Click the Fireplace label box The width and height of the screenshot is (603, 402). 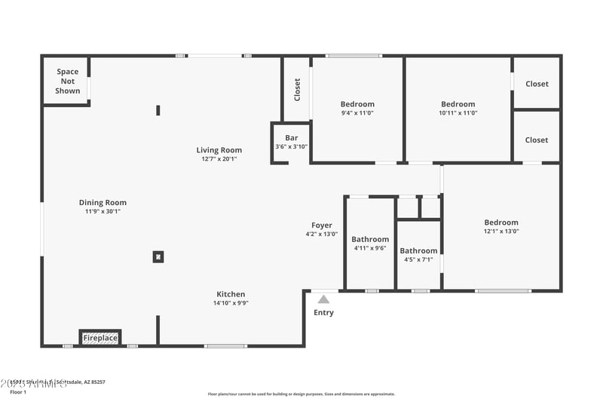point(100,338)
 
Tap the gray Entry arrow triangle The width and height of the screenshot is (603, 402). point(323,299)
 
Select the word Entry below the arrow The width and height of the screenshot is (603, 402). point(323,312)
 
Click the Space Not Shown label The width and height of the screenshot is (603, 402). point(68,81)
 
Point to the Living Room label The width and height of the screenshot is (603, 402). point(219,150)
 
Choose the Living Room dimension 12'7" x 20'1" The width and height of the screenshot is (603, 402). point(219,159)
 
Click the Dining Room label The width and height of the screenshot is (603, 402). point(103,202)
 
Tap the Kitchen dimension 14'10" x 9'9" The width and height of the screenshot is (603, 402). point(231,302)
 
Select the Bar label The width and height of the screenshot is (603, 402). point(291,137)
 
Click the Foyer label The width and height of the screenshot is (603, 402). point(322,225)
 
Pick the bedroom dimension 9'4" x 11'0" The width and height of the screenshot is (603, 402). point(357,113)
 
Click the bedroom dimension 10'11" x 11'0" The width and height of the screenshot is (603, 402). point(458,113)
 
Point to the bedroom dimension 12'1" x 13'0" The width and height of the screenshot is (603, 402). point(501,232)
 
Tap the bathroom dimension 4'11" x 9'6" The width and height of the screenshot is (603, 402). point(370,248)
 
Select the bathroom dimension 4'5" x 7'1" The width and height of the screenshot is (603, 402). point(418,259)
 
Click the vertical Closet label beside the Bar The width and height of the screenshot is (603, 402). point(297,90)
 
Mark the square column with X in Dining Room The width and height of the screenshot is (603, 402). point(158,256)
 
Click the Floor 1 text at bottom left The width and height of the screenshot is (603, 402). point(18,392)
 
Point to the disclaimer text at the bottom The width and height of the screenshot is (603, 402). point(301,394)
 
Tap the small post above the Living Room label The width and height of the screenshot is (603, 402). point(158,110)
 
